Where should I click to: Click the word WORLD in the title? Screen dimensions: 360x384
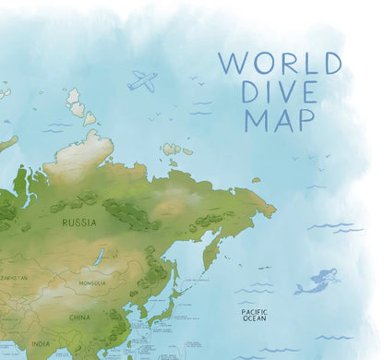click(278, 64)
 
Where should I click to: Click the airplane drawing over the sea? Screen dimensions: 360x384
click(142, 80)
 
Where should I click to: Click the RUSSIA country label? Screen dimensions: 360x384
click(78, 222)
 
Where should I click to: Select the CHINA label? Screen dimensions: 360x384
click(79, 318)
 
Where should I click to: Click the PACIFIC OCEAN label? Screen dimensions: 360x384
click(254, 316)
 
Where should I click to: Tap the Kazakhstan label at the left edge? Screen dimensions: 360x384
click(13, 277)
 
